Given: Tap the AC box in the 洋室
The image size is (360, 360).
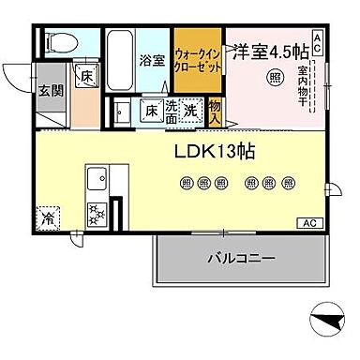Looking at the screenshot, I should coord(317,40).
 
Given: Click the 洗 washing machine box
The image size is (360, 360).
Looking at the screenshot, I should coord(190,111).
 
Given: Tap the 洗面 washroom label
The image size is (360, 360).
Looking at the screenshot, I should coord(171,112).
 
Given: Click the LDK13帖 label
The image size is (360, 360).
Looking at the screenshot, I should coord(216,150).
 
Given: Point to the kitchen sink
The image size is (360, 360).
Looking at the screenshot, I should coord(97,176).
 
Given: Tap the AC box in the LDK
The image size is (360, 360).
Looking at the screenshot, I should coord(307,222).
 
